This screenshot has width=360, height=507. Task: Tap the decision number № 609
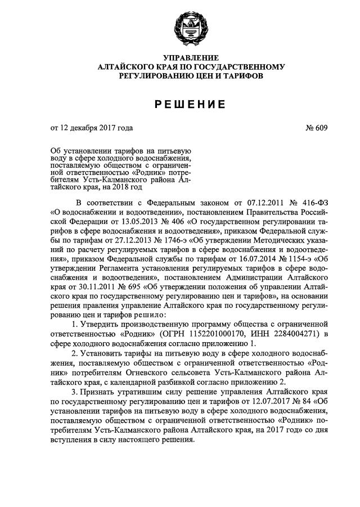316,129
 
